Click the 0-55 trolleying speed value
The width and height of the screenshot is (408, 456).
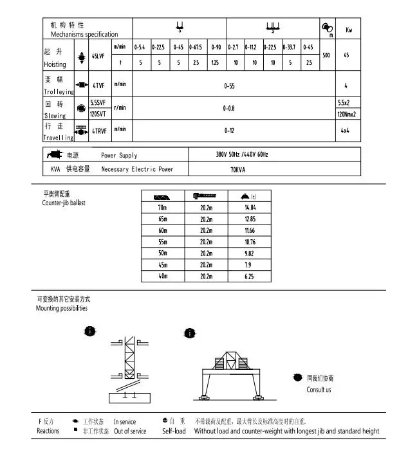click(x=229, y=85)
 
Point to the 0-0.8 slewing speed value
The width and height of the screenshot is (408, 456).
click(x=229, y=108)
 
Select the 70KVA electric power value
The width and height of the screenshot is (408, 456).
click(x=238, y=170)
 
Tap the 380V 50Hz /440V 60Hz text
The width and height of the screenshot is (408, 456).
click(x=241, y=155)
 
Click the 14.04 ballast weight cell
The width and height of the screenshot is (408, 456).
click(x=250, y=208)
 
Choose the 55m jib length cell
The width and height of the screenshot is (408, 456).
click(x=162, y=241)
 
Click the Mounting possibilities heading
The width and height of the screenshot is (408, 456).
click(x=62, y=308)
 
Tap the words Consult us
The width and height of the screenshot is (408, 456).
click(x=319, y=390)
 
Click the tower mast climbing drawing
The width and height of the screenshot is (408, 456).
click(x=128, y=367)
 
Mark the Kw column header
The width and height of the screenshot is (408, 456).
click(x=348, y=30)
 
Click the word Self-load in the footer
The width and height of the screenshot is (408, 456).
click(x=174, y=431)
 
